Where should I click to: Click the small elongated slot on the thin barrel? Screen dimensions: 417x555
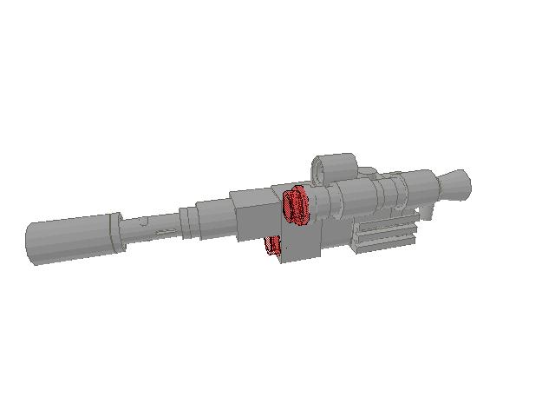[x=162, y=232]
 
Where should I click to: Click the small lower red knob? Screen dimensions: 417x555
[x=275, y=248]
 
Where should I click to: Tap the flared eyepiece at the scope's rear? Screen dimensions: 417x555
[x=454, y=183]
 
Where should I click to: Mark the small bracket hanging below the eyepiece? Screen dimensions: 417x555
[x=430, y=211]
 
